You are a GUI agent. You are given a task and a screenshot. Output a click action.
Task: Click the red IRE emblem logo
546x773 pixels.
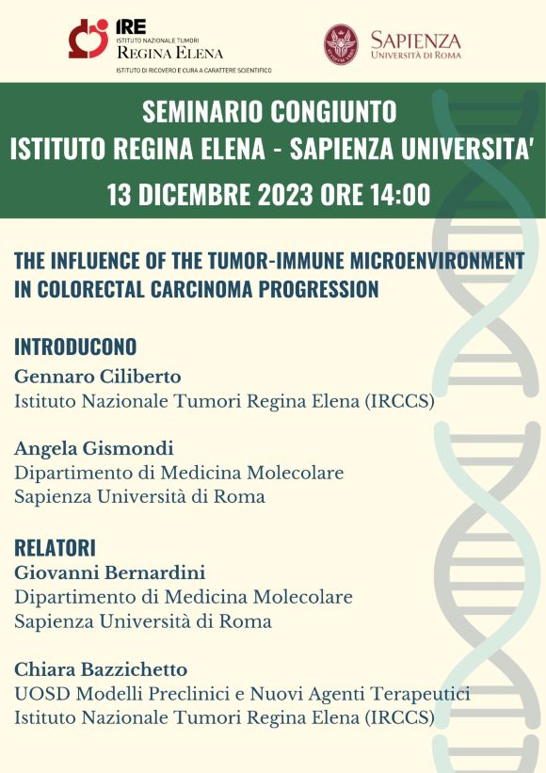pos(88,39)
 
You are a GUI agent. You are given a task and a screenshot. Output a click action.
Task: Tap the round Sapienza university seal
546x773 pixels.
pos(341,45)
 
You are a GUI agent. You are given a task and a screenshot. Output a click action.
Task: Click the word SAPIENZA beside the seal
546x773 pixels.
pos(416,40)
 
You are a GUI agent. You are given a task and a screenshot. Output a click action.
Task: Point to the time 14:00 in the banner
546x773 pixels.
pos(401,194)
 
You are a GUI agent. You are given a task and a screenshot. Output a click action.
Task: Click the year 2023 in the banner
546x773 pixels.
pos(285,194)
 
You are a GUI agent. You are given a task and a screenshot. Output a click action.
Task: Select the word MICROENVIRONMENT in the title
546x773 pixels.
pos(437,261)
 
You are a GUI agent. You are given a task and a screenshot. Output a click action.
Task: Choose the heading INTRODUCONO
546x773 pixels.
pos(75,347)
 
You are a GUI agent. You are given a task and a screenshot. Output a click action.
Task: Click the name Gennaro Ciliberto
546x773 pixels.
pos(98,377)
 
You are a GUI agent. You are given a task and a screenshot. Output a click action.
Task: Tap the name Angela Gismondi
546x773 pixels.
pos(94,448)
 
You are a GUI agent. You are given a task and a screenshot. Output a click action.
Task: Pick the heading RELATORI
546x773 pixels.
pos(56,548)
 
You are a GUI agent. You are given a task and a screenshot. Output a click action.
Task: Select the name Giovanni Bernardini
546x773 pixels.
pos(110,572)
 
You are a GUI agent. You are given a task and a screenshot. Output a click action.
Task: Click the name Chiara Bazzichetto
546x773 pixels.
pos(101,670)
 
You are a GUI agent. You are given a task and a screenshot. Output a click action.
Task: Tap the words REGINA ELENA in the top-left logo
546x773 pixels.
pos(170,53)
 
